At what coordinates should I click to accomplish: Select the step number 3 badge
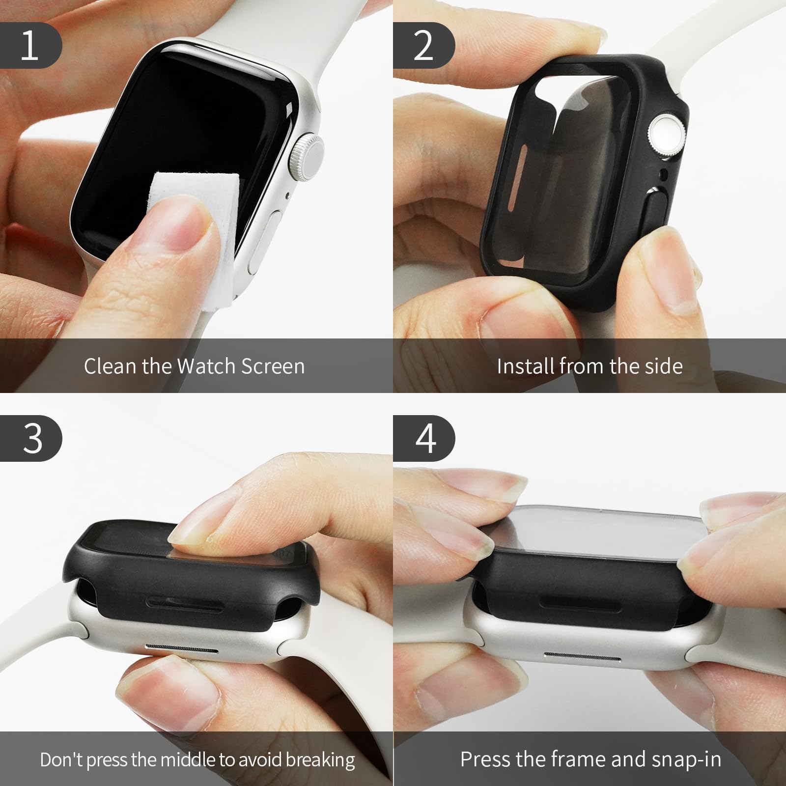(31, 438)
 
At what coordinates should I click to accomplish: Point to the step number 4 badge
(425, 438)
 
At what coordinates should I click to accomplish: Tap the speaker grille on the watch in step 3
(182, 649)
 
